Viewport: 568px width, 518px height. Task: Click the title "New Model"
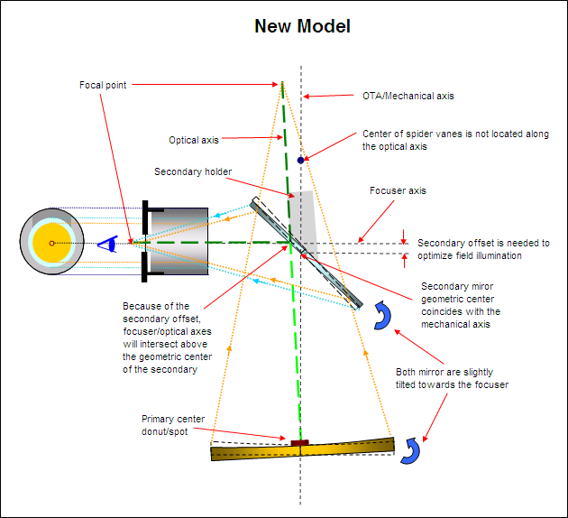click(x=302, y=26)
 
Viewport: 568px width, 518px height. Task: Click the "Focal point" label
click(x=102, y=85)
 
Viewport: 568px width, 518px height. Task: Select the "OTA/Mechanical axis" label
click(x=400, y=95)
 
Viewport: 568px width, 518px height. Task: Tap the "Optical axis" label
click(x=194, y=140)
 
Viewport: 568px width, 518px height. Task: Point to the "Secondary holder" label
click(x=193, y=171)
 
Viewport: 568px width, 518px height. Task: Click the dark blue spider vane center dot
click(x=300, y=160)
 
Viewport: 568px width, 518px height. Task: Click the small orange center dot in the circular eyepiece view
click(x=52, y=243)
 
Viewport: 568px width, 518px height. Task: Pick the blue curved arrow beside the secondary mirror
click(x=382, y=315)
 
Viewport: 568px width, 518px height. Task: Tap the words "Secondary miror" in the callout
click(x=459, y=287)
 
